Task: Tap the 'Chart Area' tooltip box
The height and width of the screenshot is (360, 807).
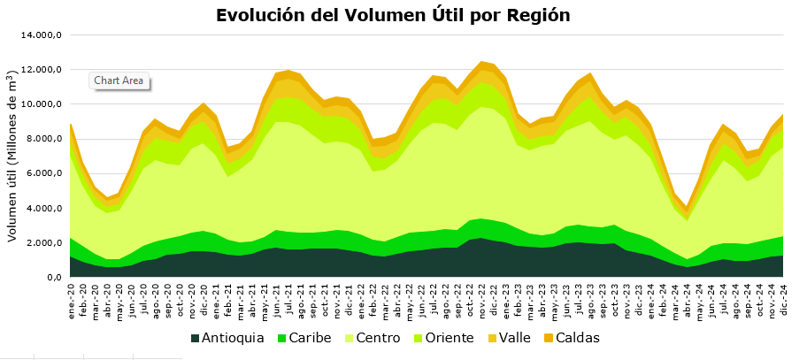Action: pyautogui.click(x=119, y=80)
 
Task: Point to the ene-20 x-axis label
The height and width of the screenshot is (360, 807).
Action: pyautogui.click(x=72, y=298)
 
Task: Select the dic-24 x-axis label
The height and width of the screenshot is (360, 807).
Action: pyautogui.click(x=782, y=298)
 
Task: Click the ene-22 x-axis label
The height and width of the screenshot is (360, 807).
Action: pyautogui.click(x=360, y=298)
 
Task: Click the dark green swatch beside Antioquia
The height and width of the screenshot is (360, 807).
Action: pyautogui.click(x=195, y=338)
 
